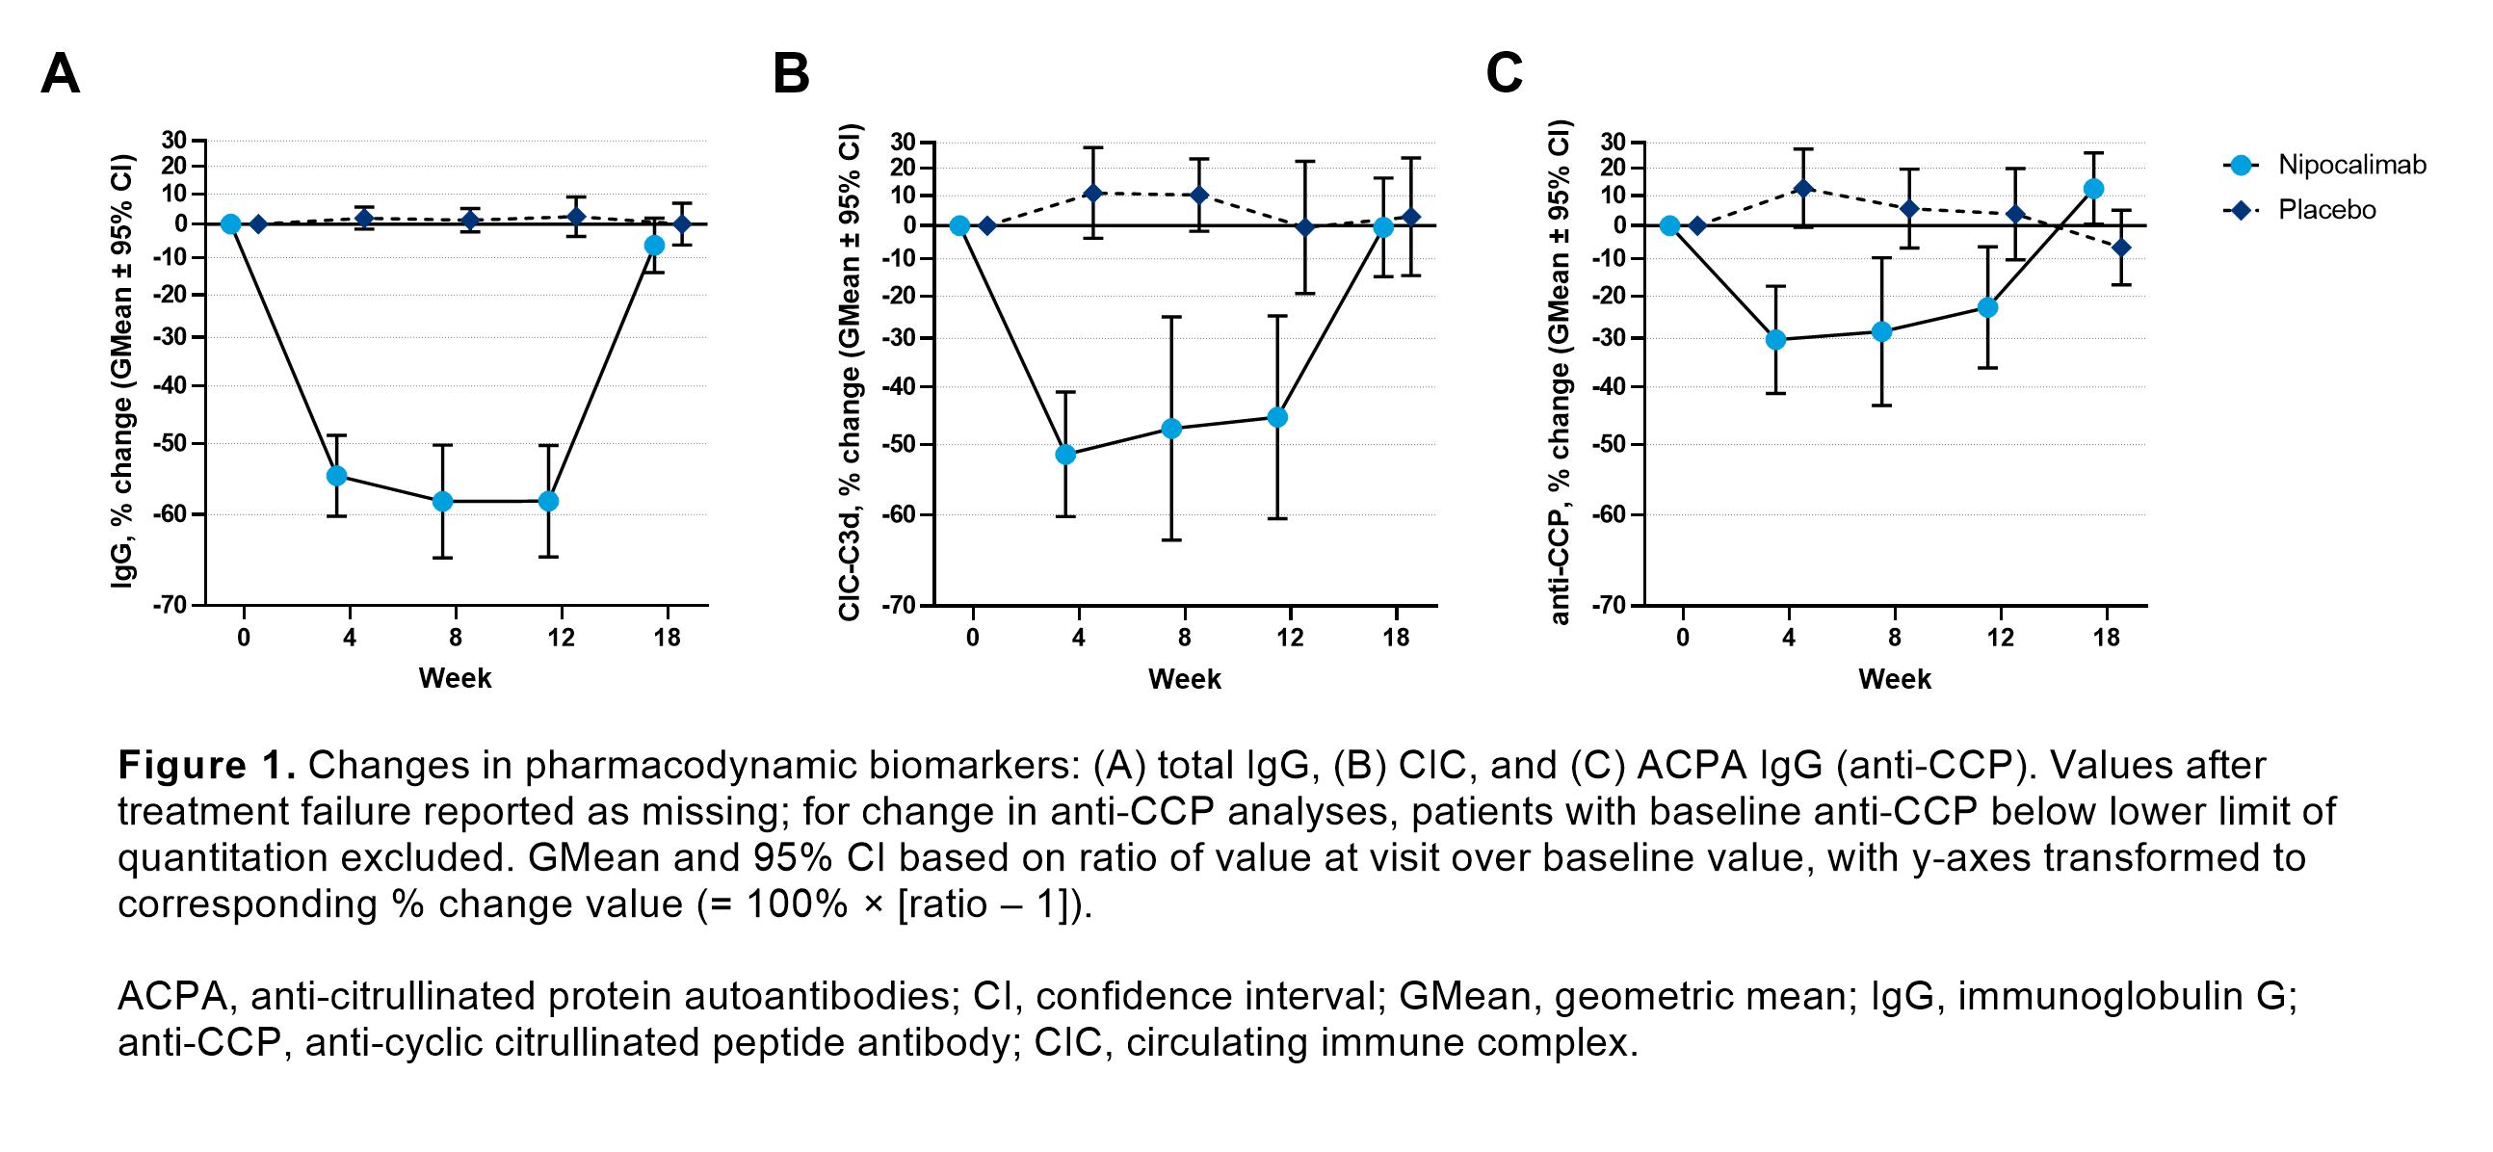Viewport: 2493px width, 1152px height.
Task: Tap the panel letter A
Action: point(60,73)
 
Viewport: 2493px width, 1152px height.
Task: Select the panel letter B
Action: point(791,73)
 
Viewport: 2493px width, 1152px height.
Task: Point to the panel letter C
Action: point(1504,73)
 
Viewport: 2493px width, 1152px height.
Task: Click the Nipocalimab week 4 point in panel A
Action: point(337,475)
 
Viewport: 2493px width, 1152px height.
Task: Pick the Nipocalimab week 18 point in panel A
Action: point(654,245)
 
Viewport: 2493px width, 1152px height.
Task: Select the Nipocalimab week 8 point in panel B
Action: point(1171,428)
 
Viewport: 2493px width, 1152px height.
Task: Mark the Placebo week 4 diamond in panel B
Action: point(1093,193)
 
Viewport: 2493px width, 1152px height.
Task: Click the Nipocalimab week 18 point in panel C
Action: point(2093,189)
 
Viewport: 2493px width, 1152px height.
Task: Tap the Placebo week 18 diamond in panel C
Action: point(2121,248)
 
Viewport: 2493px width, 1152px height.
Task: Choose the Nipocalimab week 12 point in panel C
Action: point(1988,307)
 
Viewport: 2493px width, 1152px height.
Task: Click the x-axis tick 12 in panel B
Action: point(1289,638)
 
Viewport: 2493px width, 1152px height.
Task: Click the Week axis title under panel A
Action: point(455,678)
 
